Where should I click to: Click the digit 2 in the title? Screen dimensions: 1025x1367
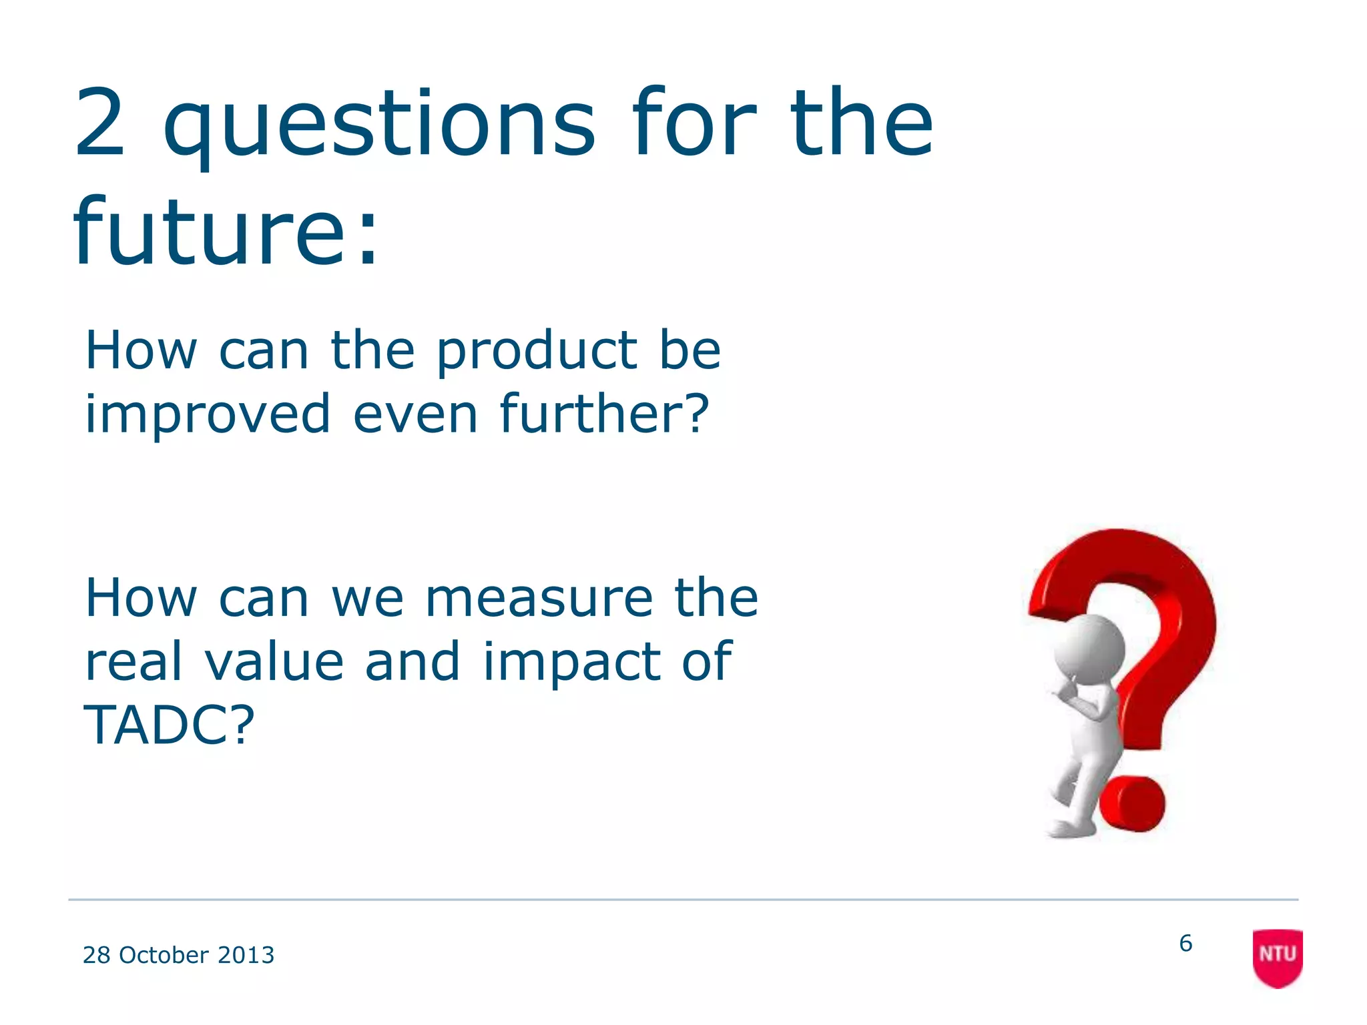[100, 124]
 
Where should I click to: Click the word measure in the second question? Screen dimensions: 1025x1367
[539, 598]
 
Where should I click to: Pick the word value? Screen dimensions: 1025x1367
[274, 662]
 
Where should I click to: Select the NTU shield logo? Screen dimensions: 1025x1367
[1277, 957]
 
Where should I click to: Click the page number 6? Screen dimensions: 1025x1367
[1185, 943]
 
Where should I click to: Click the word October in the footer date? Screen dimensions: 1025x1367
[164, 955]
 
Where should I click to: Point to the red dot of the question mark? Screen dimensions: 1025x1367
[1132, 804]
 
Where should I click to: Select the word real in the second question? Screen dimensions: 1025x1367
[133, 662]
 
